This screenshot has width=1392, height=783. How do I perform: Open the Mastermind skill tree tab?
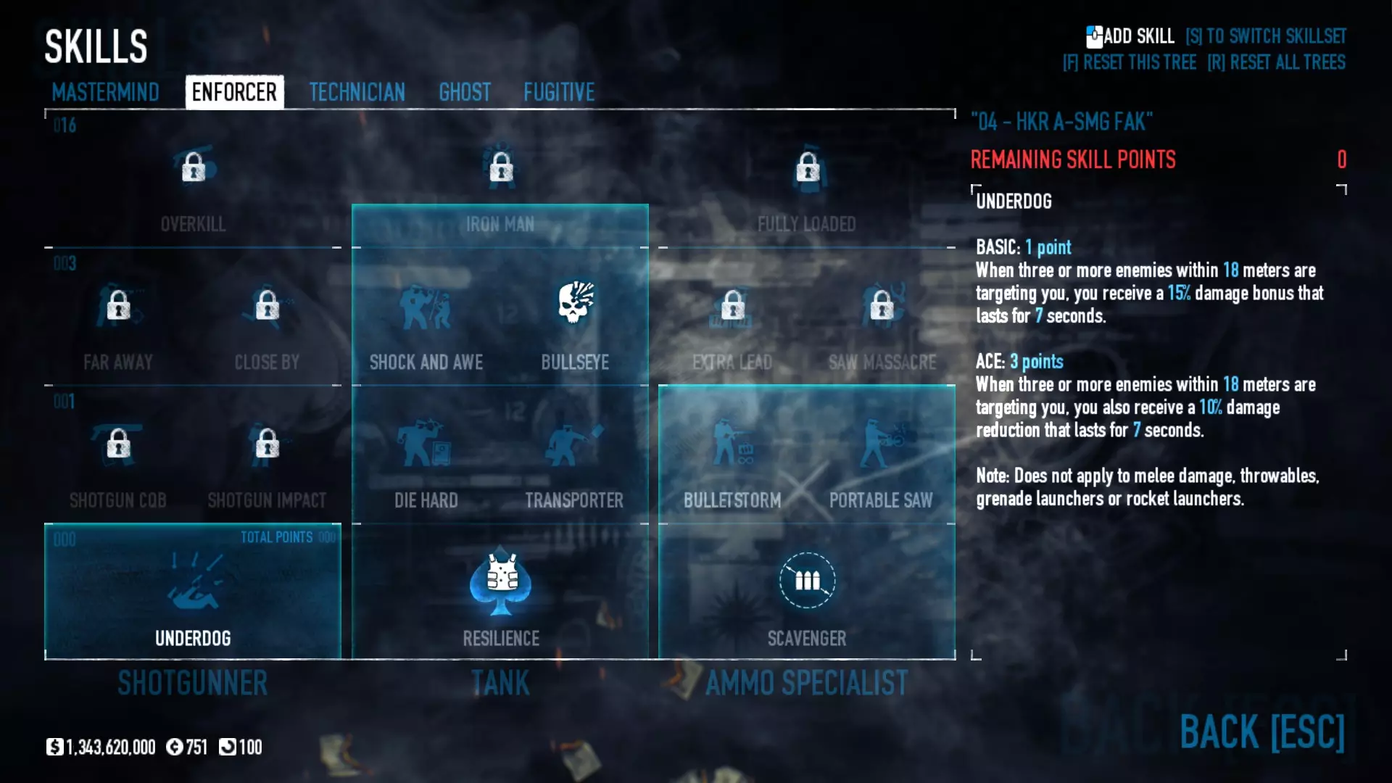(105, 92)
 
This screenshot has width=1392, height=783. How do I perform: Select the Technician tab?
(357, 92)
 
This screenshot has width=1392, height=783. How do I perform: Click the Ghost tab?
(465, 92)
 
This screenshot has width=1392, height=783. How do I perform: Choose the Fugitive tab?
(559, 92)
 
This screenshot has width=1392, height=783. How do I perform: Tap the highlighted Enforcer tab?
(234, 92)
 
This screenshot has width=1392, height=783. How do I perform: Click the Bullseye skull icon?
(576, 303)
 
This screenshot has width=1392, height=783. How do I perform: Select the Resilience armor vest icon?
(501, 580)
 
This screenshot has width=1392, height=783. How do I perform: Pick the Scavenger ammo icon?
(807, 580)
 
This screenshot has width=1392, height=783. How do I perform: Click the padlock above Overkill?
(194, 167)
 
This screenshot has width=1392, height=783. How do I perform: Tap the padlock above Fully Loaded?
(808, 167)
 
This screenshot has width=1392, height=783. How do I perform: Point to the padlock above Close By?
(268, 305)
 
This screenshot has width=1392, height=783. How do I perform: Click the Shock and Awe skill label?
(426, 362)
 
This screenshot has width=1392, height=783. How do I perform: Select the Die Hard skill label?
(426, 500)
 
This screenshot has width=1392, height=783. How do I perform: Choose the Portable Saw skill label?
(881, 500)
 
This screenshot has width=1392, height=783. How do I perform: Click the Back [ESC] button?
(1261, 732)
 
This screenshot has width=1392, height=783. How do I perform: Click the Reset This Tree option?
(1130, 62)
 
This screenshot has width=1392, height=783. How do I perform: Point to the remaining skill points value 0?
(1341, 159)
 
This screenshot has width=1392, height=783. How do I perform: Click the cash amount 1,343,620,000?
(110, 747)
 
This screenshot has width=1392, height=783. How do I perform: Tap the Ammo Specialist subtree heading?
(806, 683)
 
